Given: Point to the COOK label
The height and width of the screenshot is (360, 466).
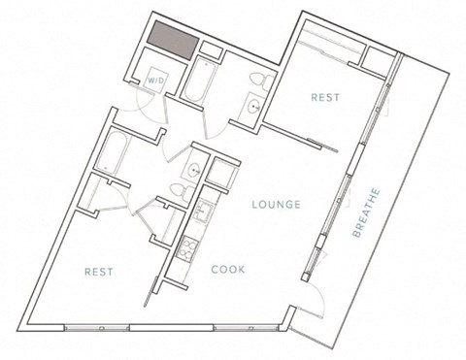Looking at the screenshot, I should click(229, 271).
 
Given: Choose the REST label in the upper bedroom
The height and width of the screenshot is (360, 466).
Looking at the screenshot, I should click(323, 97).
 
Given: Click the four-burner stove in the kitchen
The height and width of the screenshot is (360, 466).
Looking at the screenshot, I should click(184, 250).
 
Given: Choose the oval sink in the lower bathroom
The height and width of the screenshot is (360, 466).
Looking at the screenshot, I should click(194, 172).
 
